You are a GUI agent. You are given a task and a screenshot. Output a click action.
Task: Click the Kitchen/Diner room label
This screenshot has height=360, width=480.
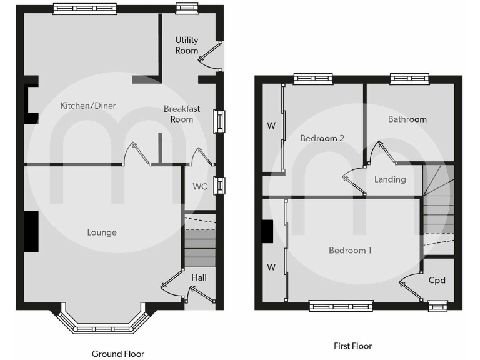[88, 106]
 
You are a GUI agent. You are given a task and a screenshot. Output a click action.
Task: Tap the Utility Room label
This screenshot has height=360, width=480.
[186, 45]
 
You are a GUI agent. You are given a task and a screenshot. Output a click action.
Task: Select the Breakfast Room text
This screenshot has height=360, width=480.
[182, 114]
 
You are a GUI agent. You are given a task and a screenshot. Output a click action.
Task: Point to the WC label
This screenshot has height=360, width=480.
[200, 186]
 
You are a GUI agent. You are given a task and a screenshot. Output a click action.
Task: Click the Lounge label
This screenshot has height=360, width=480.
[102, 232]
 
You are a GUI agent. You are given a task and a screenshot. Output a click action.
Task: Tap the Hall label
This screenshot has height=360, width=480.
[199, 277]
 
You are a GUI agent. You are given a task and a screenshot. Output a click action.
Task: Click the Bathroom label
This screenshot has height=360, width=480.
[407, 119]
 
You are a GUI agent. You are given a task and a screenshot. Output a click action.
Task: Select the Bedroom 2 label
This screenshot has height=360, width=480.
[322, 138]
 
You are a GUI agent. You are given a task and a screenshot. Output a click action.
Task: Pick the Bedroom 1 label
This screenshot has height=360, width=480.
[350, 250]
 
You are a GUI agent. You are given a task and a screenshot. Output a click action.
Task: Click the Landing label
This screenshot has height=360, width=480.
[390, 179]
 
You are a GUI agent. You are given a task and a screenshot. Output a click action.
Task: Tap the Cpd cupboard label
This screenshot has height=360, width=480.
[437, 280]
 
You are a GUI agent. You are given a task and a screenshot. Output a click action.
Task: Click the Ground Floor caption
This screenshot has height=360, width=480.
[118, 354]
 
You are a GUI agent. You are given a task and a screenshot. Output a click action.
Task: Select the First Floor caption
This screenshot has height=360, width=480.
[352, 346]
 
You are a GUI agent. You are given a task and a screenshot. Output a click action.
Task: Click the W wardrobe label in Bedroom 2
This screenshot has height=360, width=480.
[271, 126]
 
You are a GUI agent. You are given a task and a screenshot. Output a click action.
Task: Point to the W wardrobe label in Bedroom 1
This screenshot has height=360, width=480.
[271, 267]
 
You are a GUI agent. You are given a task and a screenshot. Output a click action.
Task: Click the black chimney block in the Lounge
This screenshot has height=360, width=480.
[31, 232]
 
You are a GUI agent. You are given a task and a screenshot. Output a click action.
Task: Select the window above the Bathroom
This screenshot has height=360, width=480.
[409, 78]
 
